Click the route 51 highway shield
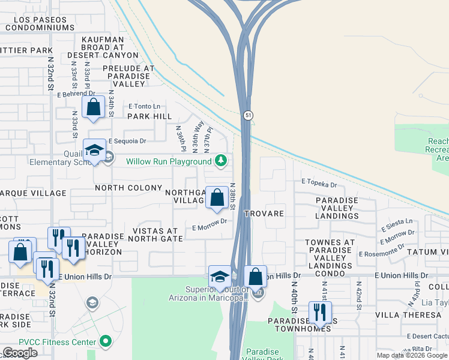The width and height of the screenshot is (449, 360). point(247,115)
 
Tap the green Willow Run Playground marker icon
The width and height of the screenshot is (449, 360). point(221,161)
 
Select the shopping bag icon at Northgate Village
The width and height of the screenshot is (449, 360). point(216,197)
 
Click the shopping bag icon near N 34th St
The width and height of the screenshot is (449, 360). point(94,107)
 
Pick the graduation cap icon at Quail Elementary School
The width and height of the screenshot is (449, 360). point(94,150)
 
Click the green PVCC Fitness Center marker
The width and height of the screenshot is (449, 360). point(106,342)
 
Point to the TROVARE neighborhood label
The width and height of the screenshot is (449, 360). point(264,214)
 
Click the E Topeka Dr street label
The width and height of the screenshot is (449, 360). point(320,181)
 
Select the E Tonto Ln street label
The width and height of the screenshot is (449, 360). point(144,106)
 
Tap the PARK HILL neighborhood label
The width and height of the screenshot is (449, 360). point(149,116)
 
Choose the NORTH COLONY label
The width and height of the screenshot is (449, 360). point(128,188)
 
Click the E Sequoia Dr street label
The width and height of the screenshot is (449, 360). point(127,142)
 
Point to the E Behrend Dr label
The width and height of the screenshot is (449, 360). point(76,94)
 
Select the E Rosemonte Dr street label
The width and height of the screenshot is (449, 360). point(385,253)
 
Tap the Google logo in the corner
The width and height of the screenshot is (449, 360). point(20,353)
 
